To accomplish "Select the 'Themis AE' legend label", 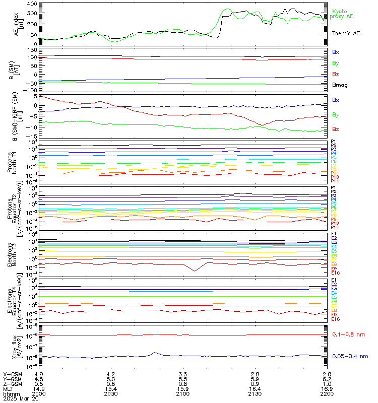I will pos(346,33).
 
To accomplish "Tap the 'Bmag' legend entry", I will pos(340,85).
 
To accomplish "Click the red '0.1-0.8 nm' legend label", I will pos(349,334).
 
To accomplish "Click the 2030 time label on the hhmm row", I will pos(111,394).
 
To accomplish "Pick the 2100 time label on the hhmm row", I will pos(183,394).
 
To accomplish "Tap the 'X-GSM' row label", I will pos(11,374).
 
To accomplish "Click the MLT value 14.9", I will pos(39,389).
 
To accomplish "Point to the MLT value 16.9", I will pos(327,389).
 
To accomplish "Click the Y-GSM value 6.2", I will pos(327,379).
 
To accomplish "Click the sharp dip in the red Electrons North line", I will pos(195,271).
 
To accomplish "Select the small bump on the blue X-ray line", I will pos(155,353).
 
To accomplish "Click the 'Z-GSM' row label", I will pos(11,384).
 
